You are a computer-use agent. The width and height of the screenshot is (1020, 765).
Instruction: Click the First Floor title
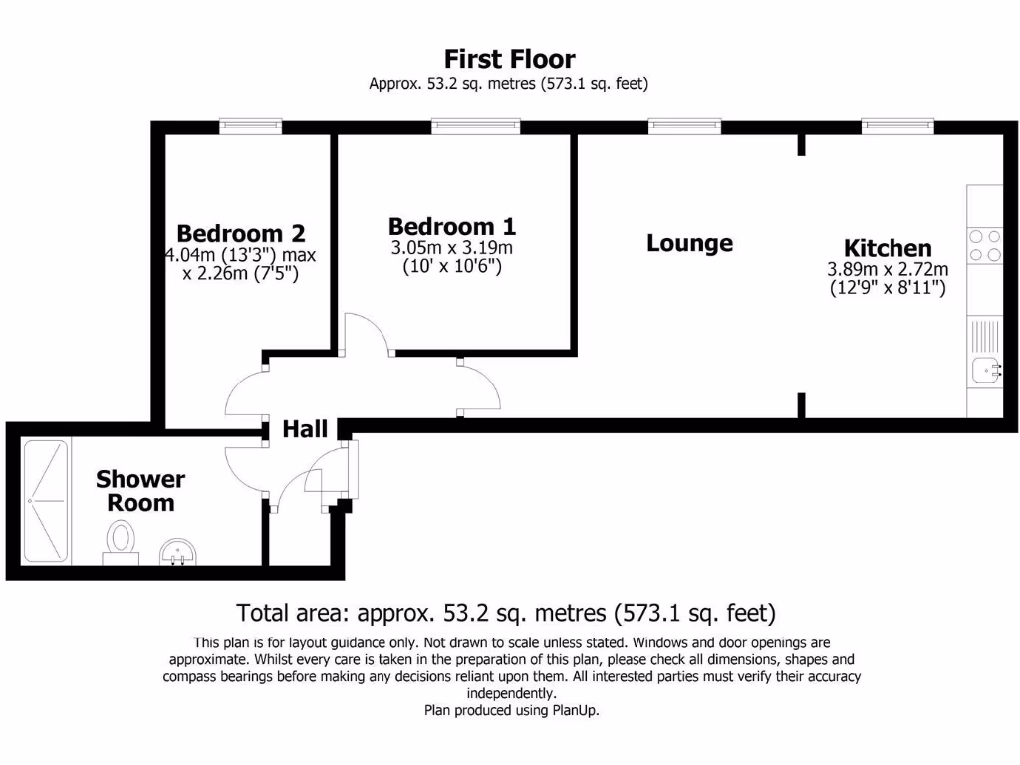tap(509, 59)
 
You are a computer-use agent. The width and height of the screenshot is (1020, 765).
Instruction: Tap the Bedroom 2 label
tap(241, 233)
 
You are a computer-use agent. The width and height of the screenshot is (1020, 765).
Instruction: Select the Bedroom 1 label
tap(452, 226)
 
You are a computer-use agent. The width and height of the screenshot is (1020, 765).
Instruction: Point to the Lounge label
tap(689, 243)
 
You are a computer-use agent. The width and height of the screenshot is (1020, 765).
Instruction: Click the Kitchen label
tap(888, 248)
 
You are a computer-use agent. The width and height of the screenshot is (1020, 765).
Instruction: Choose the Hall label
tap(305, 429)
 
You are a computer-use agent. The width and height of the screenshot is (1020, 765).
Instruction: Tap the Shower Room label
tap(140, 491)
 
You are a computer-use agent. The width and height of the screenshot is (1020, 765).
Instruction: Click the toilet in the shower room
tap(122, 542)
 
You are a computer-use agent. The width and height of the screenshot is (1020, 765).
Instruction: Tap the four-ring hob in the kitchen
tap(985, 246)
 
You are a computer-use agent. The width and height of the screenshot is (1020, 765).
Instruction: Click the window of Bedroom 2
tap(251, 126)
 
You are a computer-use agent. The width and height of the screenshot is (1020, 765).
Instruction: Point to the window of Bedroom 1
tap(475, 126)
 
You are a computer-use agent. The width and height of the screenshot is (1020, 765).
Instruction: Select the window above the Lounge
tap(684, 126)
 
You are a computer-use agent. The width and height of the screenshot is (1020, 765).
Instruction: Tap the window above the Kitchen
tap(897, 126)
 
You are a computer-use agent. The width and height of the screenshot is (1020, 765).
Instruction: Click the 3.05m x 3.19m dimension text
tap(452, 248)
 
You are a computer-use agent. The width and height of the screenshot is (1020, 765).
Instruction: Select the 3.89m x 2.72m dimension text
tap(888, 269)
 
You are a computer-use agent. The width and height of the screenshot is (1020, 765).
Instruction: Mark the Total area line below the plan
tap(506, 612)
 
